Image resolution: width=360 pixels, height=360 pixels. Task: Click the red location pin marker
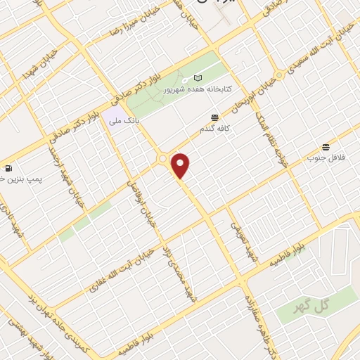tap(181, 165)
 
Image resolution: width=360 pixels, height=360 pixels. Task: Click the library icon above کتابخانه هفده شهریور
tap(198, 77)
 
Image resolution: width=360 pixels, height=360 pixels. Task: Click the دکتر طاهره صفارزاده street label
tap(262, 317)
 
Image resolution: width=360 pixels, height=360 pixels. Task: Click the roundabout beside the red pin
tap(163, 160)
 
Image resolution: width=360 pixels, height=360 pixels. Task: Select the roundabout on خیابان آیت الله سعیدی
tap(280, 73)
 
